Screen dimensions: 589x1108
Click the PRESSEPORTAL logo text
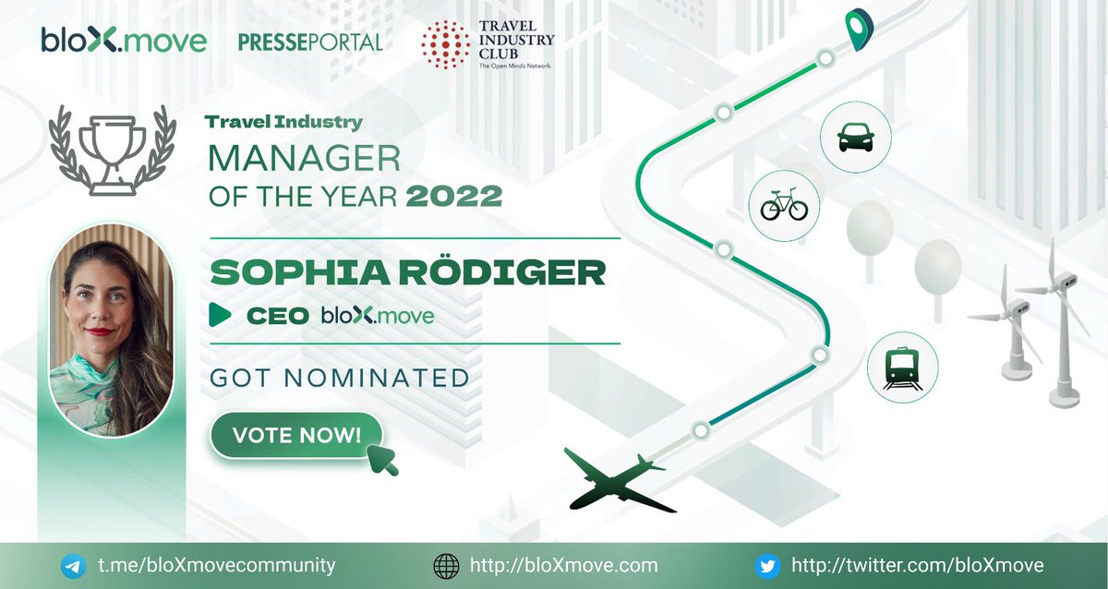tap(309, 42)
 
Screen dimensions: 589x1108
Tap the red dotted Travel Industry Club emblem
tap(445, 43)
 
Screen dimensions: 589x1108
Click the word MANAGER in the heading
tap(304, 159)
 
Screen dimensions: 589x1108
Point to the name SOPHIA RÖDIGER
tap(408, 272)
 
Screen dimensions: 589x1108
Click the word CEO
tap(277, 316)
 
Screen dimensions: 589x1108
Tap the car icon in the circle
tap(855, 138)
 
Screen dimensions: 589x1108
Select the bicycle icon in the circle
tap(784, 205)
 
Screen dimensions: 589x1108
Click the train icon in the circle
tap(902, 368)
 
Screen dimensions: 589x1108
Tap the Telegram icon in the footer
tap(74, 565)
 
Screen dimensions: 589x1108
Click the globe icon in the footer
tap(446, 565)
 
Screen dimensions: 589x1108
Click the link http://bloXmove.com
tap(563, 565)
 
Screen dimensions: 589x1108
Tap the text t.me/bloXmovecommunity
tap(216, 565)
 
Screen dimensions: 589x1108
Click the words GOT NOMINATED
tap(340, 378)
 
